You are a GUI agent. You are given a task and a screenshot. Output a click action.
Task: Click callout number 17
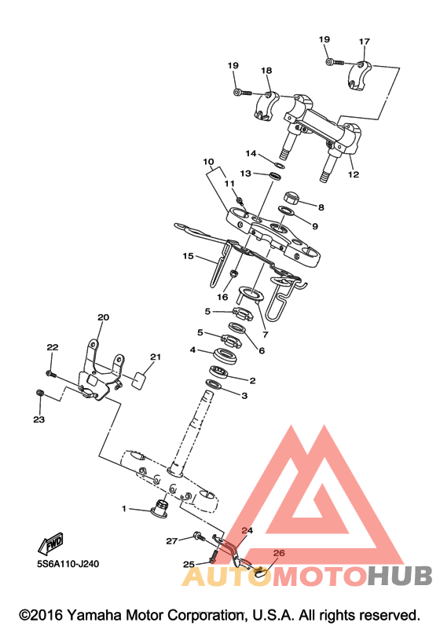(x=364, y=42)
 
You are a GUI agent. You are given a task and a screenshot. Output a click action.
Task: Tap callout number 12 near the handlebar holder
(x=354, y=174)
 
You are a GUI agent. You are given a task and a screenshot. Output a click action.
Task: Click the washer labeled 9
(x=285, y=210)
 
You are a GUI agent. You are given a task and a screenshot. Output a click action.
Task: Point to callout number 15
(x=188, y=256)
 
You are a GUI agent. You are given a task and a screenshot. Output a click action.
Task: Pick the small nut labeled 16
(x=235, y=274)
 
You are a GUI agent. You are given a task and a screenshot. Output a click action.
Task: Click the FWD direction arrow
(x=51, y=544)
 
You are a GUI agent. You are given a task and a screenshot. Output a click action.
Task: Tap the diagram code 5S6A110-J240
(x=68, y=564)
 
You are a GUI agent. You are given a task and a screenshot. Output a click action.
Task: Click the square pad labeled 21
(x=137, y=379)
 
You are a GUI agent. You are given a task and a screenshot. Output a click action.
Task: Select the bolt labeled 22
(x=51, y=374)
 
